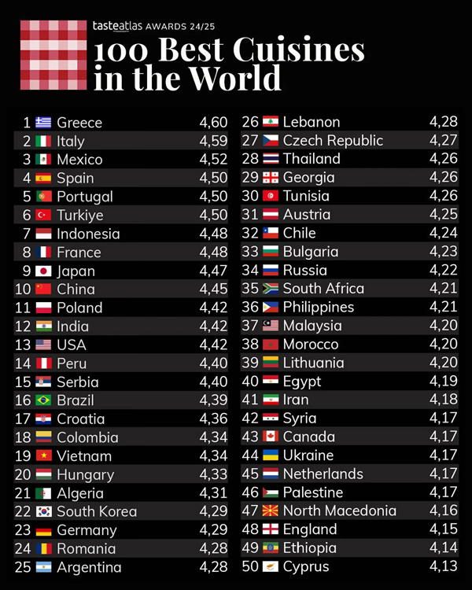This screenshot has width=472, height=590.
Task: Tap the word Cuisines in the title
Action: tap(299, 51)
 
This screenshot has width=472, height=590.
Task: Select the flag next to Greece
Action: tap(44, 123)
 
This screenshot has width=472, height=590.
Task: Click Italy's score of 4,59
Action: tap(213, 142)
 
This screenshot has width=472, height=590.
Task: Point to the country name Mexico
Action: tap(79, 160)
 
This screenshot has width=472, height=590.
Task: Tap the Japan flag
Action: tap(44, 271)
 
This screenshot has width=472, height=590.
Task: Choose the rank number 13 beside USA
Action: tap(23, 345)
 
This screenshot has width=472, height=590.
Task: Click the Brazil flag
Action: tap(44, 400)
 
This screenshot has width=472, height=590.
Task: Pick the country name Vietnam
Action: tap(84, 456)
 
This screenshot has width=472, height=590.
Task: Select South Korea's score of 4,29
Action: tap(213, 511)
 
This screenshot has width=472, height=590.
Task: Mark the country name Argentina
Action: tap(89, 567)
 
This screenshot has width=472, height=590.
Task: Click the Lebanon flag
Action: tap(271, 122)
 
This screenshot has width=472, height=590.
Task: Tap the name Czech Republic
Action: tap(333, 141)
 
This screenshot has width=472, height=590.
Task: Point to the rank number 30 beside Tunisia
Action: tap(250, 196)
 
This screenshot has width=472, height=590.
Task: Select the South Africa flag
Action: tap(271, 289)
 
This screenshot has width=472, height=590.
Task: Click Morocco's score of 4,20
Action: tap(444, 344)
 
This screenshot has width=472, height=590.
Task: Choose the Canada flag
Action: tap(271, 437)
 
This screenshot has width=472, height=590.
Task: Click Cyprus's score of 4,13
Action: tap(444, 566)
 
